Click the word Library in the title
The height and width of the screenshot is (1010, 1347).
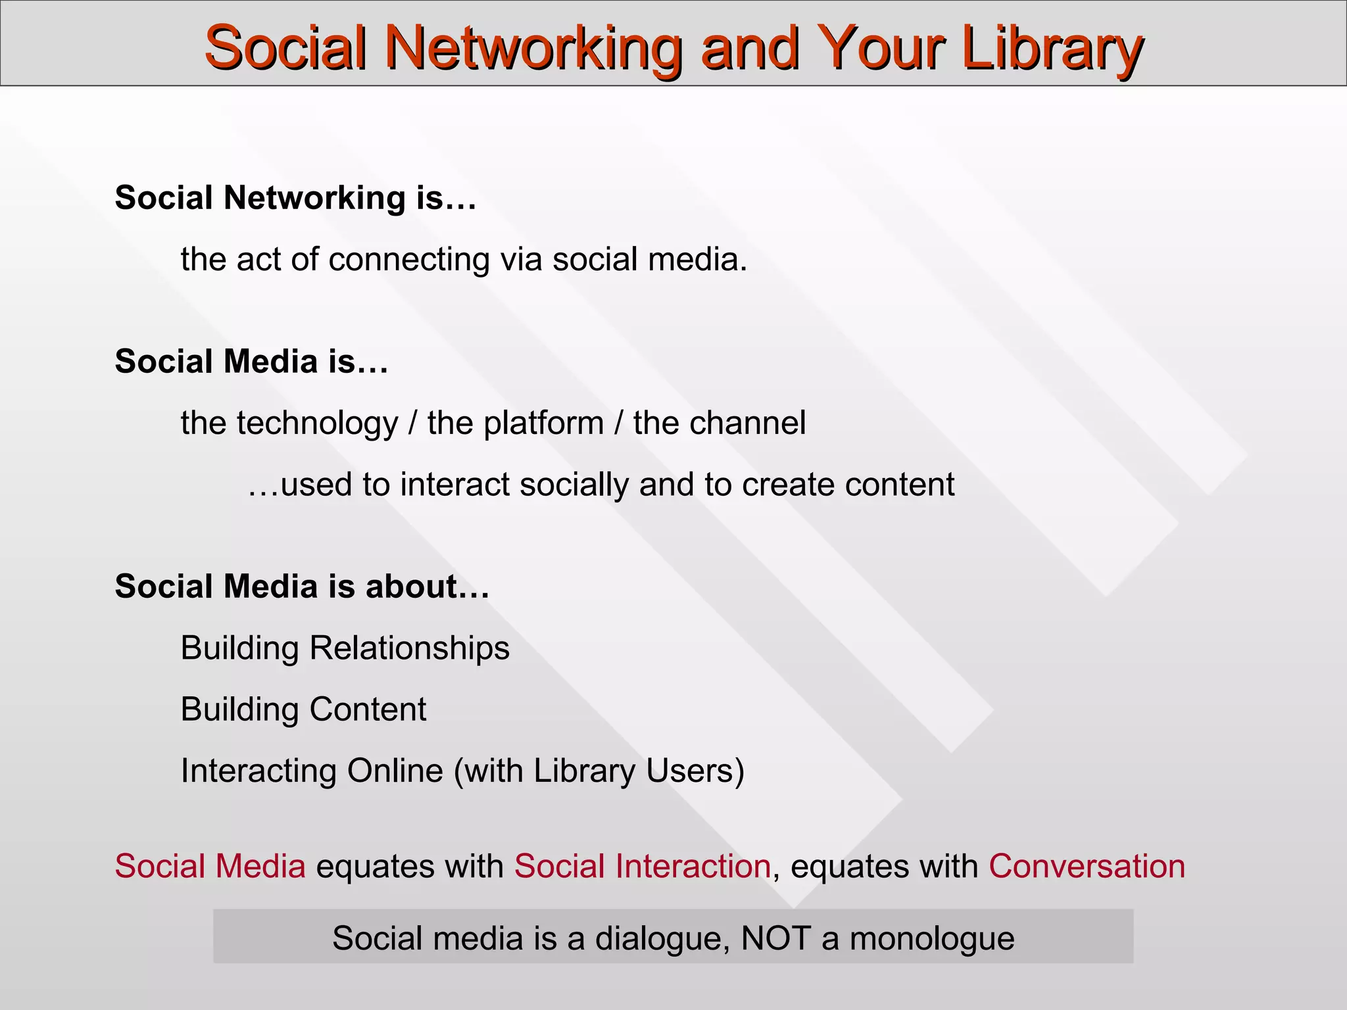[x=1052, y=47]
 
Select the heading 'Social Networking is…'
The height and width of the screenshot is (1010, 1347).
[x=295, y=197]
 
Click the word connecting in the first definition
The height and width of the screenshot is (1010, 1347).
[x=409, y=259]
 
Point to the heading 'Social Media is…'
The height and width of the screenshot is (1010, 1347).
[x=251, y=361]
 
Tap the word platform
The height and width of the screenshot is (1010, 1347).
[x=543, y=423]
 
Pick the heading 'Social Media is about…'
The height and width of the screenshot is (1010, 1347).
[x=302, y=586]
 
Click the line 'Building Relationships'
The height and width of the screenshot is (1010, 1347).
[x=345, y=648]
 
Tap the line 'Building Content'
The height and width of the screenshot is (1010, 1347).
[x=303, y=709]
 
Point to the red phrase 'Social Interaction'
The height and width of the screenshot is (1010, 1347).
[x=642, y=866]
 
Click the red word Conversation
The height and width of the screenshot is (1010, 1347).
[x=1087, y=866]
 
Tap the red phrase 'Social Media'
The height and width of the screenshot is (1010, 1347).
[x=210, y=866]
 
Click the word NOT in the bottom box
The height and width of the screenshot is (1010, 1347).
[x=775, y=938]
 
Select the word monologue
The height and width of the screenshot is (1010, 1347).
[x=932, y=939]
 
